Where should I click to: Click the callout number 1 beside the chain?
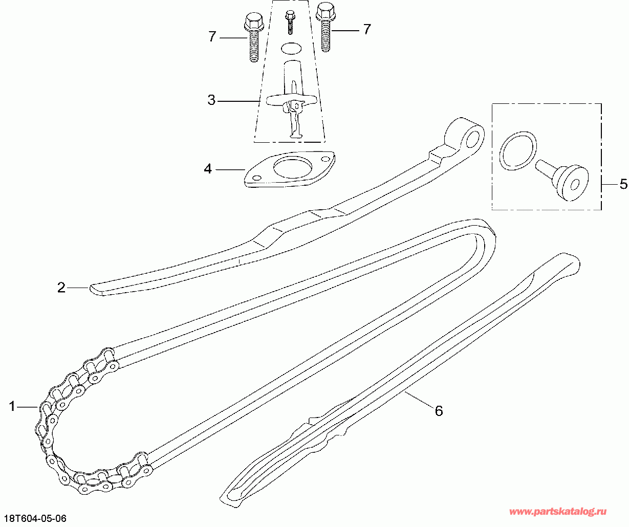click(12, 406)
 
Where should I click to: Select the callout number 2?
click(61, 287)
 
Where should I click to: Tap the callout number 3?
click(211, 100)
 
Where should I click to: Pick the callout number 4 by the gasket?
click(208, 169)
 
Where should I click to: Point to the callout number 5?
click(623, 184)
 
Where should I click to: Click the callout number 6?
click(439, 411)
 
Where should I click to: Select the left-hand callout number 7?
click(212, 37)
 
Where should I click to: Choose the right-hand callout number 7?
click(366, 29)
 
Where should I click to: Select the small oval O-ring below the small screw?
click(291, 49)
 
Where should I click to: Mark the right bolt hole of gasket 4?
click(326, 159)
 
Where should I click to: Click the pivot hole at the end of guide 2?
click(472, 140)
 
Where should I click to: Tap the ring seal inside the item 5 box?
click(518, 151)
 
